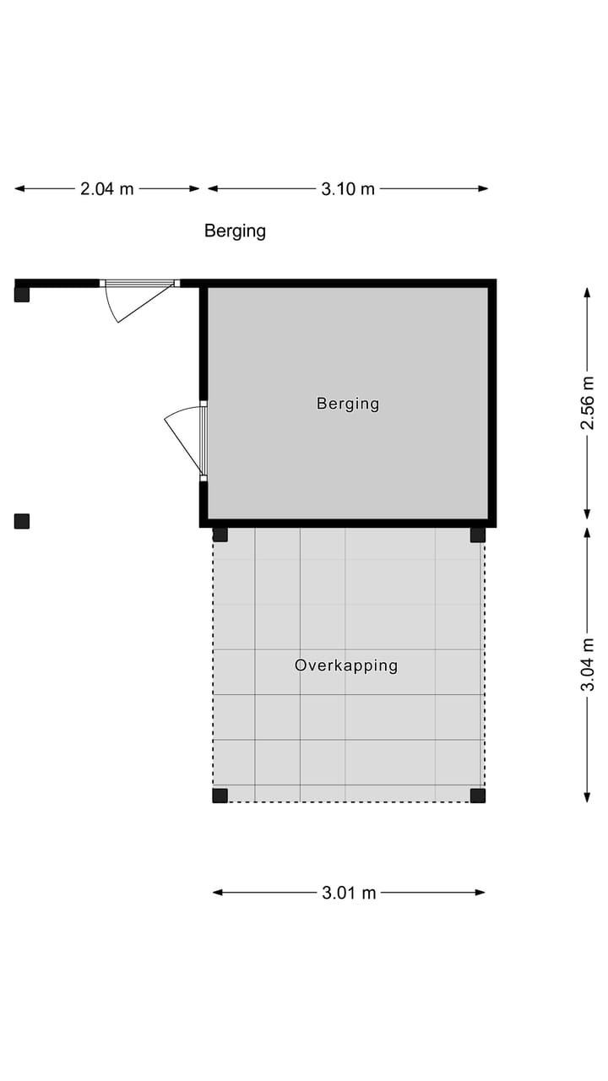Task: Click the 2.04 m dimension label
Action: (107, 189)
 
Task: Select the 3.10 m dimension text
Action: (348, 189)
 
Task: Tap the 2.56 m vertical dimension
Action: (587, 403)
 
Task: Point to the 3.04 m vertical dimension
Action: (587, 665)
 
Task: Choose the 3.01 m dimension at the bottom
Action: (349, 893)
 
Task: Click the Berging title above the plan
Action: (235, 231)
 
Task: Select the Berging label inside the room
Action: (348, 404)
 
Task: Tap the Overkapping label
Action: (346, 665)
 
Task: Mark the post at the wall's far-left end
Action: (22, 295)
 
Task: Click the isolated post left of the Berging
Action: (22, 521)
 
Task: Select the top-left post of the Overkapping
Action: (220, 534)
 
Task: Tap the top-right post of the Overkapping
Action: (478, 534)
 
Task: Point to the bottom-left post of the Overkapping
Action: (220, 795)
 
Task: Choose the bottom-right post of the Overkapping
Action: (478, 795)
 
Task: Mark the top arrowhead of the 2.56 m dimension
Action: (587, 292)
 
